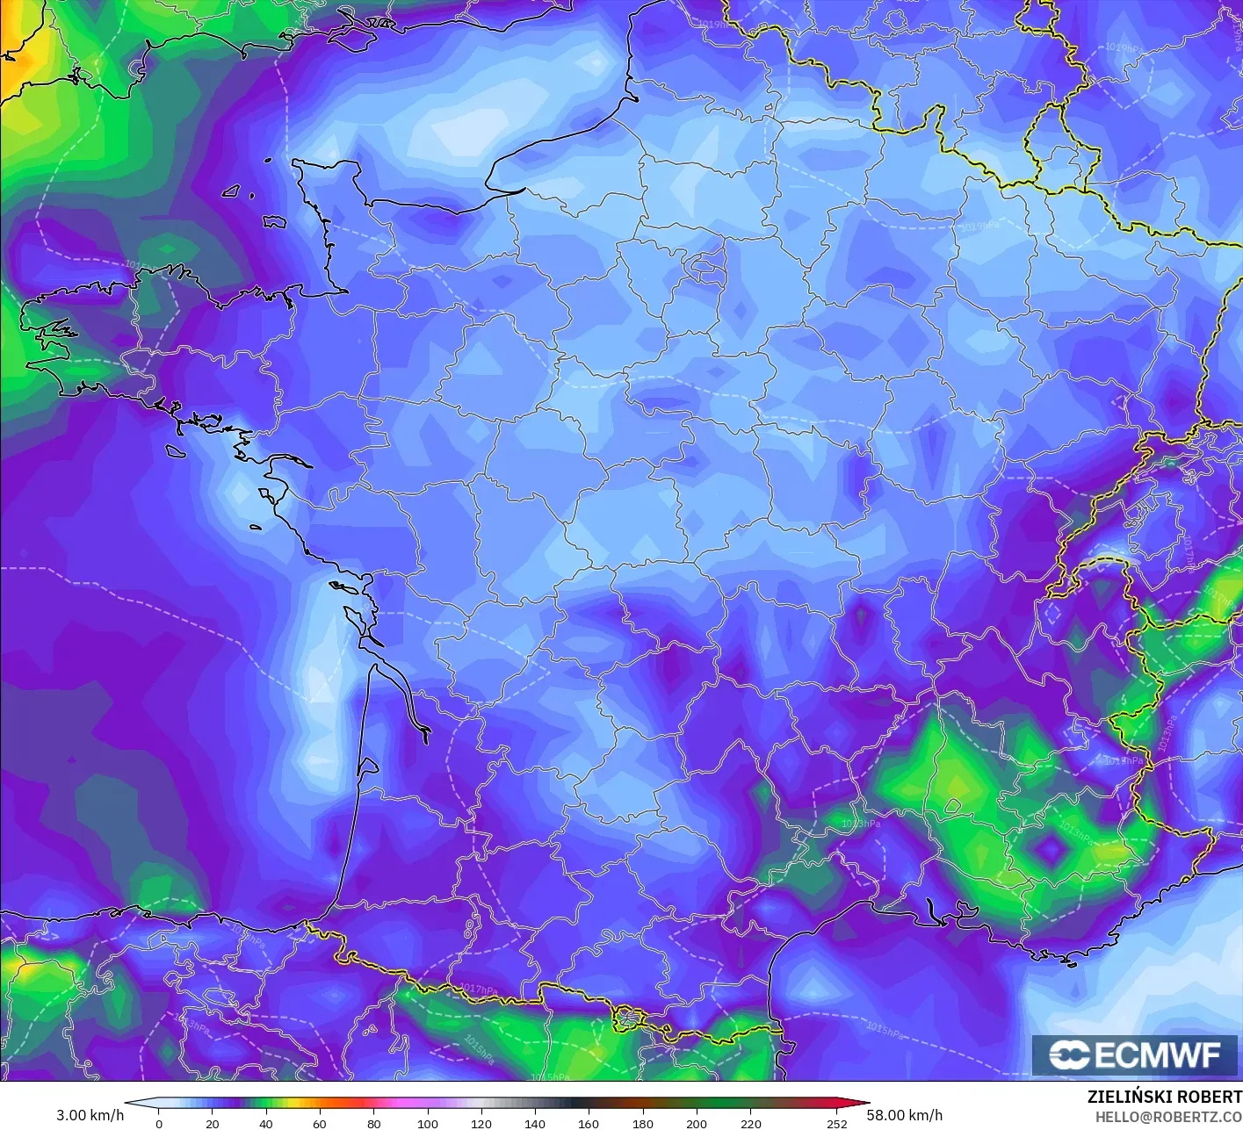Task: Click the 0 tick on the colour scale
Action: click(x=159, y=1124)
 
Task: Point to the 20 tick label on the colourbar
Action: click(x=213, y=1124)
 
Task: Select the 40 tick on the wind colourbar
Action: click(x=266, y=1124)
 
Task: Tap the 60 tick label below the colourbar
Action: click(x=320, y=1124)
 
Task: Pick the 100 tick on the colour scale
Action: click(x=428, y=1124)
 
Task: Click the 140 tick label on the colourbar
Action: click(x=535, y=1124)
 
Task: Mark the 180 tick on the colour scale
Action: click(x=643, y=1124)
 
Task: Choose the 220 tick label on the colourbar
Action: click(x=751, y=1124)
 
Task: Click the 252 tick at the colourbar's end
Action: click(x=837, y=1124)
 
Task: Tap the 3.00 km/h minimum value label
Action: click(x=90, y=1115)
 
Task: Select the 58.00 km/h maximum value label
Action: click(x=905, y=1115)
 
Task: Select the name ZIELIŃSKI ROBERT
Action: click(x=1164, y=1097)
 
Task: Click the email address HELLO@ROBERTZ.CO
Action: click(x=1168, y=1116)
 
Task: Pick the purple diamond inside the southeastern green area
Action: click(x=1049, y=848)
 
